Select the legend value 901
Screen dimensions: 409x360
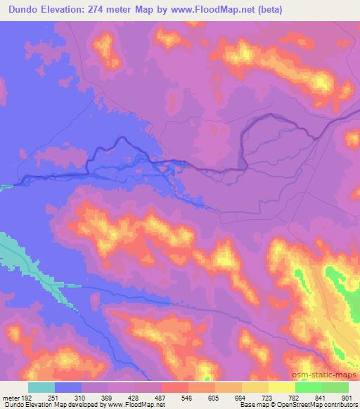pos(345,396)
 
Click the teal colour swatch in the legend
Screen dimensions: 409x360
pos(41,387)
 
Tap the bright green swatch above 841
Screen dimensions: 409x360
pos(309,387)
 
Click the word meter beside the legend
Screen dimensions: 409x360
pos(10,396)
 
